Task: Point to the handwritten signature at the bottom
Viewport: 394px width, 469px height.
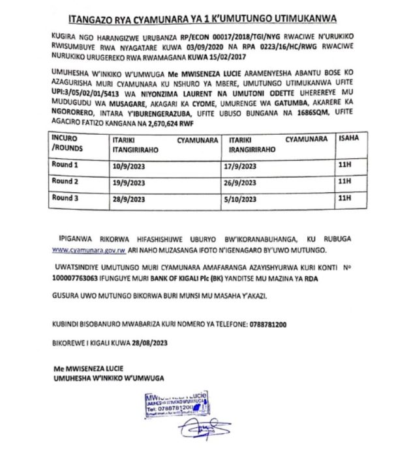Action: click(204, 429)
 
